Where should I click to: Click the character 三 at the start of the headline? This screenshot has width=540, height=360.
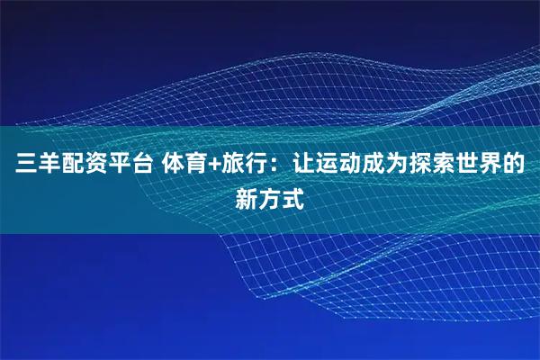click(22, 166)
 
